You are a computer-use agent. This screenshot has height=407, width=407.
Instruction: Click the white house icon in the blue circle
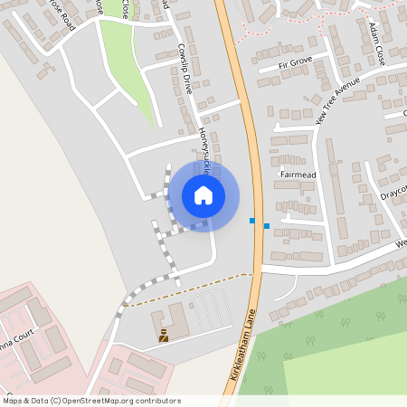[203, 194]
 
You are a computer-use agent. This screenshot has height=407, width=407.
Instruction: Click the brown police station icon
[164, 337]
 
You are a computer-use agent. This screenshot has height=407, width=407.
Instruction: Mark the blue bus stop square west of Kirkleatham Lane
[252, 220]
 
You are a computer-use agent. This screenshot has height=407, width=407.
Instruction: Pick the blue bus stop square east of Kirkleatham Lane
[266, 225]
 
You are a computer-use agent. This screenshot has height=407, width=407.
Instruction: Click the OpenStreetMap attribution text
[92, 401]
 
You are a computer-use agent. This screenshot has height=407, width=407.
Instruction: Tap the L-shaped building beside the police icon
[174, 321]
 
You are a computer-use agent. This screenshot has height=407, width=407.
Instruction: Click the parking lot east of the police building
[209, 309]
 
